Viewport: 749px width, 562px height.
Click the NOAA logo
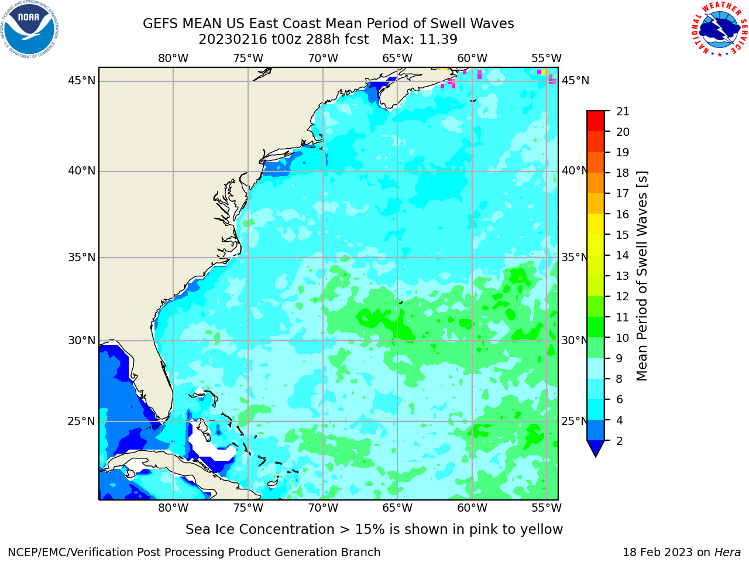click(x=30, y=29)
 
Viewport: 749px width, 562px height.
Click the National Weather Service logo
click(x=719, y=29)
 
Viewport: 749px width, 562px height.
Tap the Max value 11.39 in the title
click(x=438, y=40)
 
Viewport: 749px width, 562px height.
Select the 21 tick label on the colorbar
click(x=623, y=112)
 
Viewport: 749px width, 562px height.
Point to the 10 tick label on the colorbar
click(x=623, y=338)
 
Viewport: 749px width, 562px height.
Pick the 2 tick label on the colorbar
click(x=620, y=441)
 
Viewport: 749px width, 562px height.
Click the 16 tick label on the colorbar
click(x=623, y=215)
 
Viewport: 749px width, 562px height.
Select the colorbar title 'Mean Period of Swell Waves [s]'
click(x=642, y=276)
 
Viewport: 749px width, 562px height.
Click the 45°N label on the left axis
click(x=81, y=81)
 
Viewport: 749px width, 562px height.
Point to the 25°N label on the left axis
click(x=81, y=421)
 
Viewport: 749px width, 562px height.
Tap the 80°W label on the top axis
click(x=173, y=59)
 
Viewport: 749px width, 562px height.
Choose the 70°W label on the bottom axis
click(x=323, y=508)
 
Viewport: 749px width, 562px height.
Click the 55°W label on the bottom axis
click(x=547, y=508)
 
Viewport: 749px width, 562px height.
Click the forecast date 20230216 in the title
click(x=232, y=40)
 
